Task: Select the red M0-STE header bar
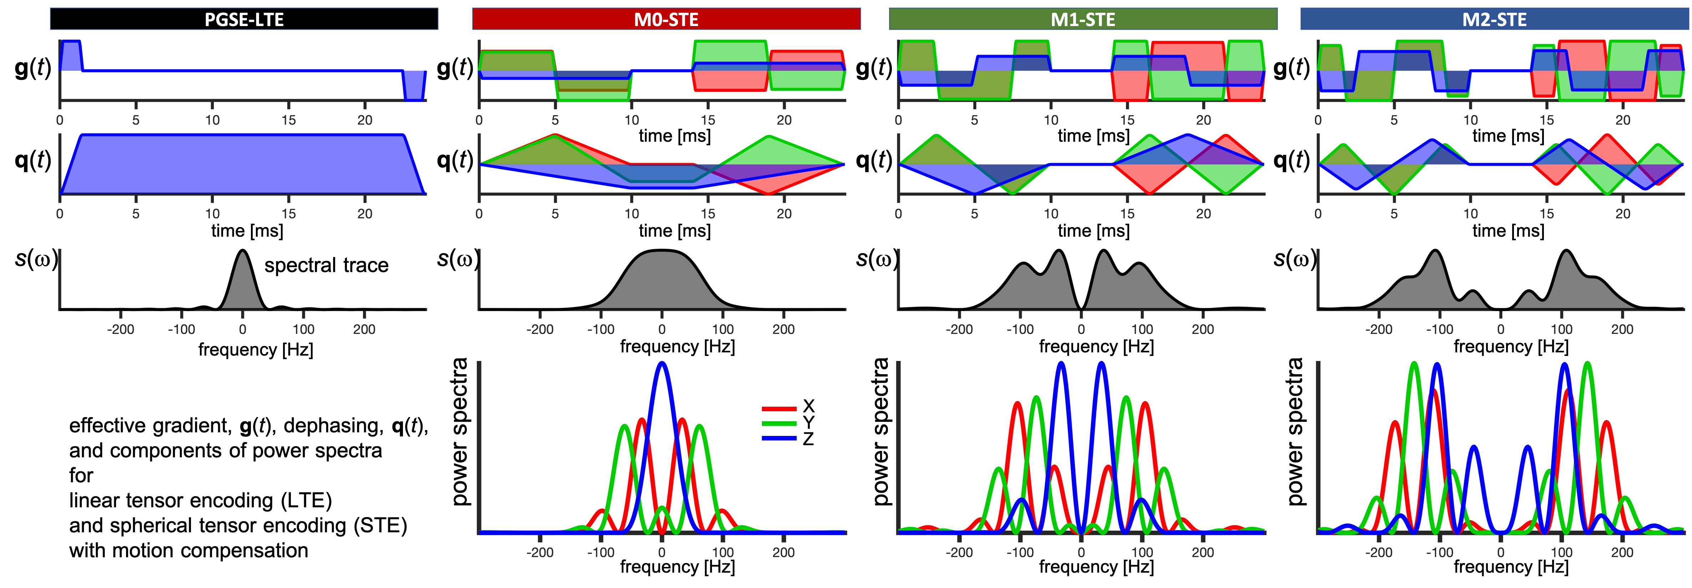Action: (x=666, y=19)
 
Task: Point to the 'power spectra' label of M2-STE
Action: (x=1295, y=432)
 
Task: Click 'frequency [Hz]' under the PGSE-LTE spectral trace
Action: (x=256, y=350)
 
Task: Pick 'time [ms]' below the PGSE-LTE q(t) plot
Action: (x=247, y=231)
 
